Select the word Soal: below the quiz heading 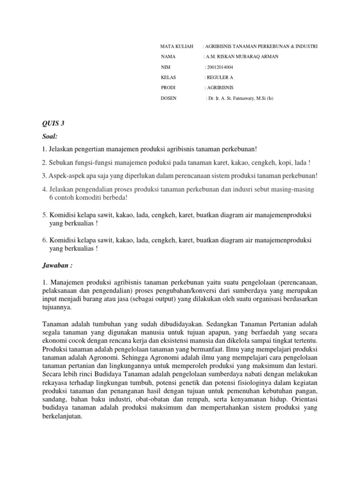49,136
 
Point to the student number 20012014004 222,67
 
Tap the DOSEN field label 169,98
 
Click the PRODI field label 168,88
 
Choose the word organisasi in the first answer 271,299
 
